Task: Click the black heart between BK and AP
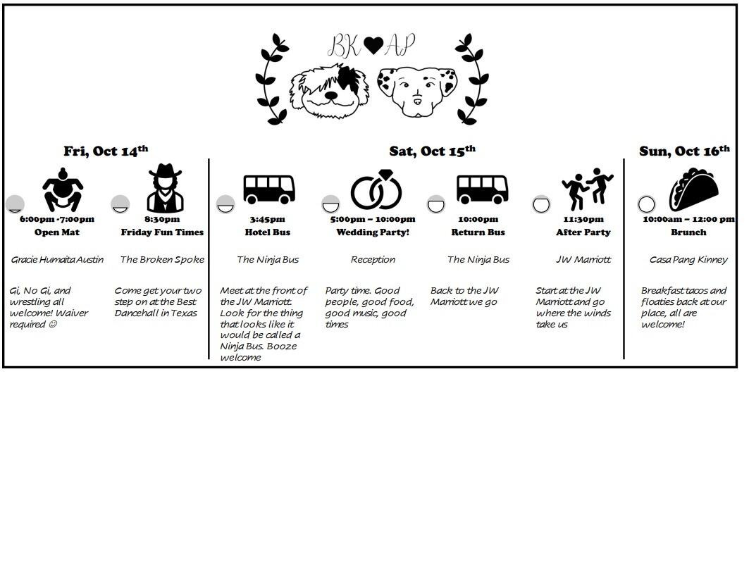tap(373, 45)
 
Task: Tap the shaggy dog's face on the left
tap(330, 89)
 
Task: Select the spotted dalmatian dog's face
tap(417, 92)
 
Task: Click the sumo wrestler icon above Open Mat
tap(63, 189)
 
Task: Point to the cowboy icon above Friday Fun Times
tap(166, 189)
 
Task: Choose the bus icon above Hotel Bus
tap(269, 189)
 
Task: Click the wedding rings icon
tap(376, 189)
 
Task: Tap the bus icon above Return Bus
tap(482, 189)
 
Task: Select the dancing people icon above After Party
tap(587, 189)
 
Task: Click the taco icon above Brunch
tap(693, 189)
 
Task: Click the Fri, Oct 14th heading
tap(106, 151)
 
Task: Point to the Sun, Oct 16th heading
tap(684, 151)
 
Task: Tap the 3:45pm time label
tap(268, 219)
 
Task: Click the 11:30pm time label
tap(583, 219)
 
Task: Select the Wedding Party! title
tap(373, 232)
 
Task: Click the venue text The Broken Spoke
tap(162, 259)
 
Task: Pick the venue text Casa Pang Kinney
tap(688, 259)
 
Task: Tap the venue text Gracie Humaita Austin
tap(57, 259)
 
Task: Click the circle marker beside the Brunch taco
tap(646, 204)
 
